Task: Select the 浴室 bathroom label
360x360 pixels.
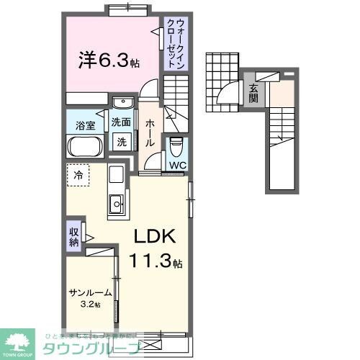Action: click(x=86, y=125)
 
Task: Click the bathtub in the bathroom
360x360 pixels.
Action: click(x=87, y=147)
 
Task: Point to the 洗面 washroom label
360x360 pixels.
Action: click(x=122, y=122)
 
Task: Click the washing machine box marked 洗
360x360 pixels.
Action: click(x=122, y=141)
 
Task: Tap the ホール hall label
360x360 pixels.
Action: click(x=150, y=131)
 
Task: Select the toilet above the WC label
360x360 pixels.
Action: click(x=176, y=147)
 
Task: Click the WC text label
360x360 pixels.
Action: click(x=176, y=166)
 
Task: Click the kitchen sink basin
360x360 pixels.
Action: click(x=116, y=205)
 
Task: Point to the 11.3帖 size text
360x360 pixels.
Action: click(x=156, y=261)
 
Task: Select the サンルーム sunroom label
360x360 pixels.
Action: click(x=91, y=293)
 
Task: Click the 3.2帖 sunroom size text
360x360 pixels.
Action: click(x=91, y=305)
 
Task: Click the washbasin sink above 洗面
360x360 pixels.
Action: click(x=122, y=102)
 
